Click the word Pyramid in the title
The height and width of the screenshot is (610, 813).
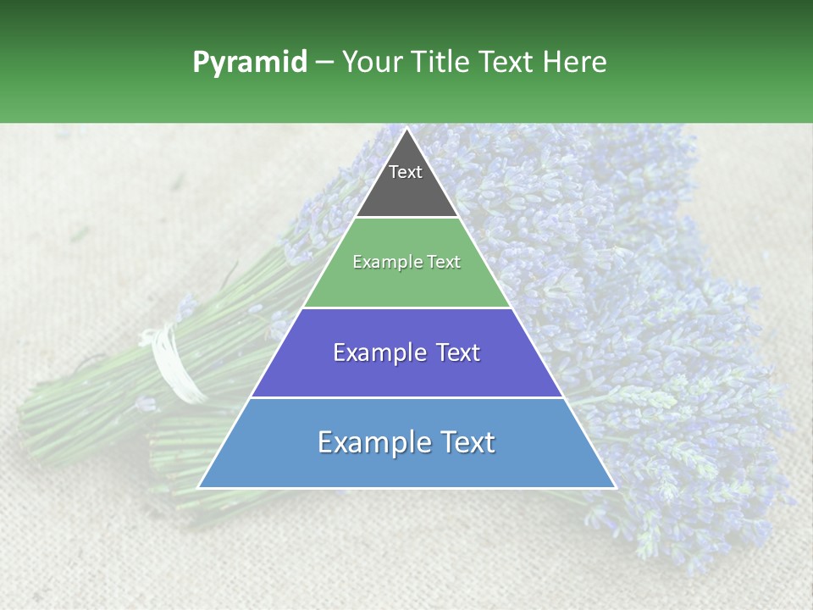[249, 63]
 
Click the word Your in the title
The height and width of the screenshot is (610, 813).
[370, 63]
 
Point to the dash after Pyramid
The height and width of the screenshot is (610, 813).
[324, 63]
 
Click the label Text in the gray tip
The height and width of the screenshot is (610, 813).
[406, 172]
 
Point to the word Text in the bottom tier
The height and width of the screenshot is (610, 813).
[464, 442]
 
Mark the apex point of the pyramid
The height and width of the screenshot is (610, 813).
[406, 128]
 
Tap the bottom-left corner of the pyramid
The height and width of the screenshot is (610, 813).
[198, 488]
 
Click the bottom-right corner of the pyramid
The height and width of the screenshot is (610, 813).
[616, 488]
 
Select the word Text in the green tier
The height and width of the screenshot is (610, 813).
[442, 262]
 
